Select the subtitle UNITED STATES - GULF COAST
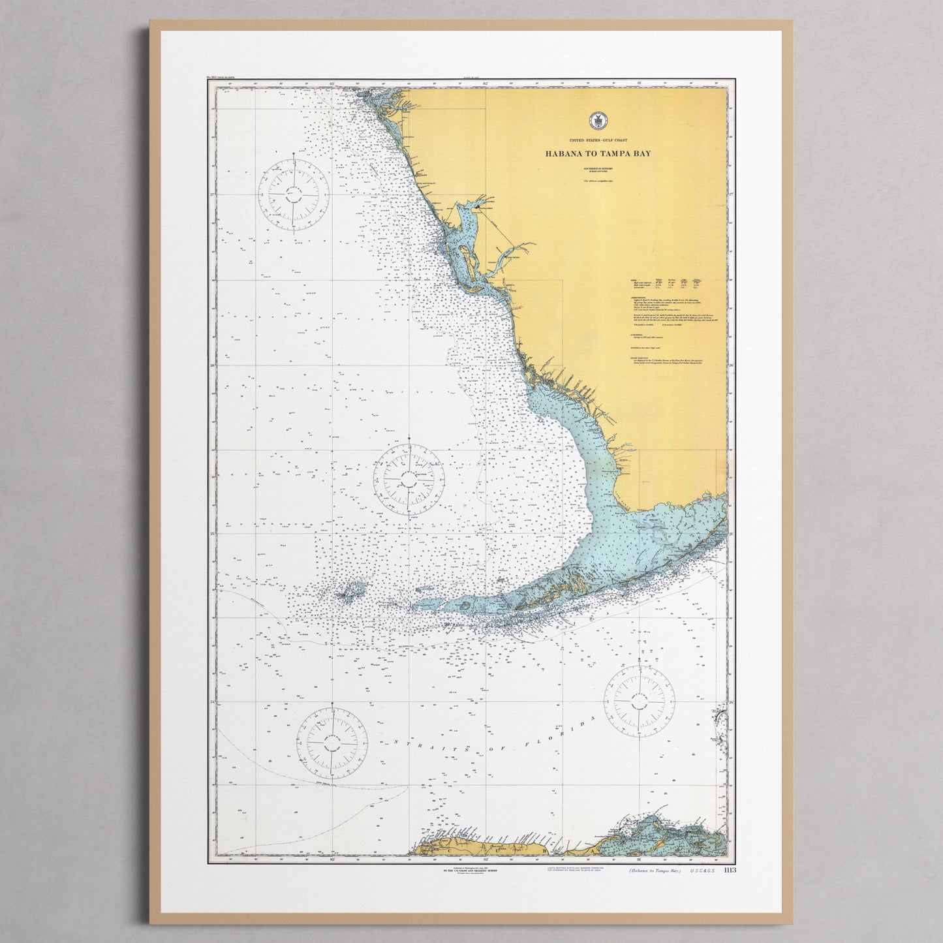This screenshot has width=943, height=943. click(x=596, y=141)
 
